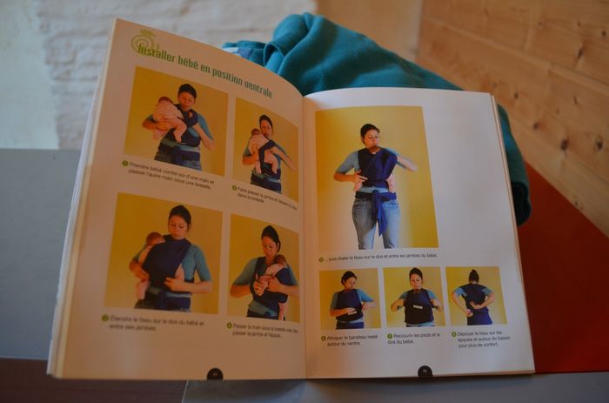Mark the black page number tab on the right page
[425, 371]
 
